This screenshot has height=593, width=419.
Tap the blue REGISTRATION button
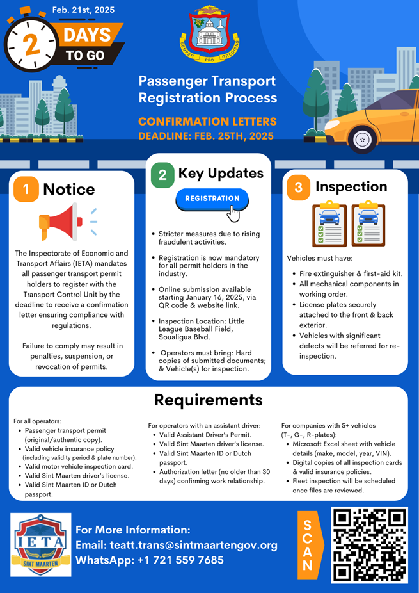pyautogui.click(x=212, y=199)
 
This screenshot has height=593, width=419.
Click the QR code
pyautogui.click(x=370, y=545)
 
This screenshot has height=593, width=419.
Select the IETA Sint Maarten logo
pyautogui.click(x=41, y=544)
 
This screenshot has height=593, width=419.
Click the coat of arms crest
pyautogui.click(x=209, y=34)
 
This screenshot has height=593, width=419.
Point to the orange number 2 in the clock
pyautogui.click(x=32, y=44)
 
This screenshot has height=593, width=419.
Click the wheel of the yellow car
pyautogui.click(x=362, y=139)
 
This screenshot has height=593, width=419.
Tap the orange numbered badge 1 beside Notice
pyautogui.click(x=26, y=189)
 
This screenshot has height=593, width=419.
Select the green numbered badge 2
pyautogui.click(x=162, y=175)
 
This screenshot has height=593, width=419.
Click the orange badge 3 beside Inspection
pyautogui.click(x=299, y=187)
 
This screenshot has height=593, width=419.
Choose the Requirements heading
pyautogui.click(x=209, y=400)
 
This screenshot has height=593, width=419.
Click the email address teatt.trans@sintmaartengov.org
pyautogui.click(x=194, y=545)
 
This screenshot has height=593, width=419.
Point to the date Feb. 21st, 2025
pyautogui.click(x=83, y=10)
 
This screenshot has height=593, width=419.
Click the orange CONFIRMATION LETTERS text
pyautogui.click(x=207, y=122)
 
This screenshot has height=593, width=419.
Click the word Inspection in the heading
pyautogui.click(x=351, y=187)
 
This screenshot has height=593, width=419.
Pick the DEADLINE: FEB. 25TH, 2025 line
pyautogui.click(x=206, y=136)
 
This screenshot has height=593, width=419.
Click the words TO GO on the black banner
pyautogui.click(x=85, y=55)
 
